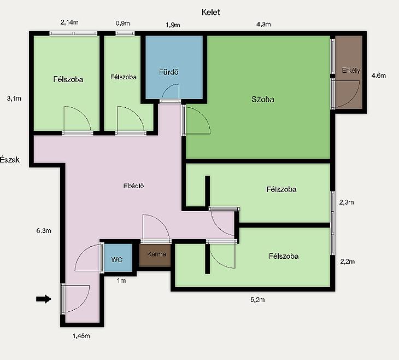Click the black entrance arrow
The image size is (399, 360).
pyautogui.click(x=44, y=299)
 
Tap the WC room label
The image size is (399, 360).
pyautogui.click(x=117, y=260)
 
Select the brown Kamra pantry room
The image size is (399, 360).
pyautogui.click(x=155, y=256)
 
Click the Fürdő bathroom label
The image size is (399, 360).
pyautogui.click(x=168, y=72)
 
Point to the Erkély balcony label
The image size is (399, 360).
pyautogui.click(x=351, y=71)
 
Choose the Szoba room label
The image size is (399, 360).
pyautogui.click(x=263, y=99)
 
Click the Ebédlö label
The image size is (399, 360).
pyautogui.click(x=133, y=185)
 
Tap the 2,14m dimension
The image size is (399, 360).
pyautogui.click(x=69, y=22)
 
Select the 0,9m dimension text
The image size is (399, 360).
pyautogui.click(x=122, y=24)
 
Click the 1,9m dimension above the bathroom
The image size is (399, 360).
pyautogui.click(x=173, y=25)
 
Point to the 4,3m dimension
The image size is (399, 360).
pyautogui.click(x=263, y=24)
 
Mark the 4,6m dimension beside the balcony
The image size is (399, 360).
pyautogui.click(x=379, y=76)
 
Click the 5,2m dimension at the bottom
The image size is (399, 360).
pyautogui.click(x=257, y=300)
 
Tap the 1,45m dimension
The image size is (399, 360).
pyautogui.click(x=81, y=336)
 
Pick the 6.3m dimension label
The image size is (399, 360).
pyautogui.click(x=44, y=231)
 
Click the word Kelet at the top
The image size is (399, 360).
pyautogui.click(x=210, y=12)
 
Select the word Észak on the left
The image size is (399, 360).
pyautogui.click(x=10, y=160)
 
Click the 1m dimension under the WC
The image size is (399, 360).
pyautogui.click(x=121, y=281)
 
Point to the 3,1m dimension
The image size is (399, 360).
pyautogui.click(x=14, y=98)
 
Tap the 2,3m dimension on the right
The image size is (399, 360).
pyautogui.click(x=347, y=202)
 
